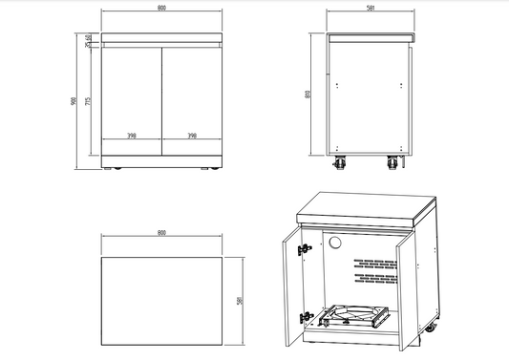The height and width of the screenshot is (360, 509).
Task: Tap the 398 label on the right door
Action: (194, 137)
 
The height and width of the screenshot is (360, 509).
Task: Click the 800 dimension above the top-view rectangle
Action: (160, 232)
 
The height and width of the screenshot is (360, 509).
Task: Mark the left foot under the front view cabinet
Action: (117, 169)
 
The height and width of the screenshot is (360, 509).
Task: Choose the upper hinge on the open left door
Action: (305, 249)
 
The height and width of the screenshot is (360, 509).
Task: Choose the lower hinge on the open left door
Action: (307, 316)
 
